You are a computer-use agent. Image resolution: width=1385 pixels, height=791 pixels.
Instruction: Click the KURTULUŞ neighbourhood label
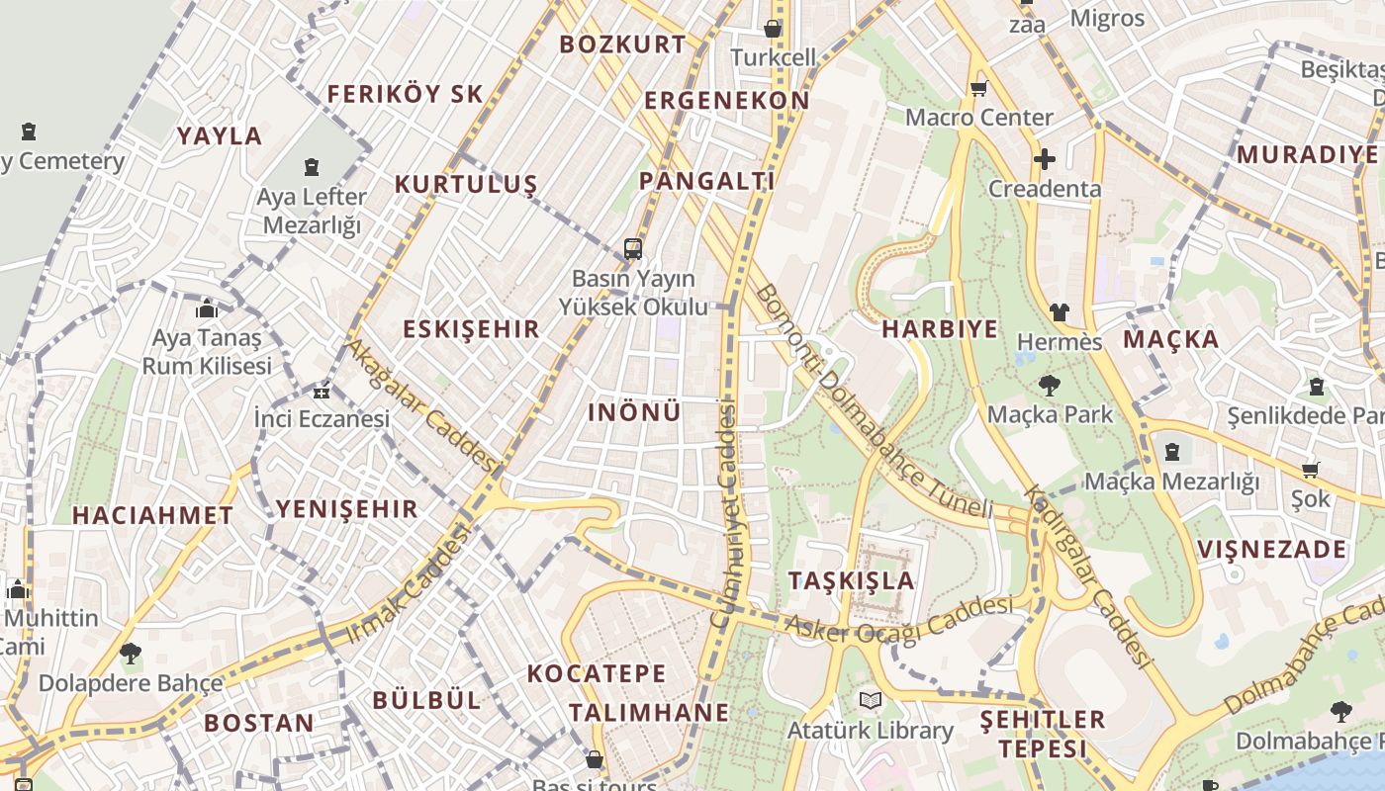tap(466, 185)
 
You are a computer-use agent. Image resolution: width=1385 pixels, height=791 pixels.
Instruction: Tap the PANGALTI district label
tap(706, 181)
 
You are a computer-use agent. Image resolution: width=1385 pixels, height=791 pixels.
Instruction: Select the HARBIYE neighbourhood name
tap(940, 329)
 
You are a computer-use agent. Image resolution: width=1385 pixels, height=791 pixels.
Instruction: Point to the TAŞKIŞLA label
tap(852, 580)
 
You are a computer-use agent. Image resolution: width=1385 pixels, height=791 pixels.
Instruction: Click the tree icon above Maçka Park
tap(1050, 386)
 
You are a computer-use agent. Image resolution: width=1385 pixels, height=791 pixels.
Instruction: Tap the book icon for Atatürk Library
tap(871, 701)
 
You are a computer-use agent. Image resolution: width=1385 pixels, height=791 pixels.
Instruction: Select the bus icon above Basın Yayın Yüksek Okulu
tap(633, 249)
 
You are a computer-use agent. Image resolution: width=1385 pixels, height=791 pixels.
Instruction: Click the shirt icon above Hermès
tap(1060, 312)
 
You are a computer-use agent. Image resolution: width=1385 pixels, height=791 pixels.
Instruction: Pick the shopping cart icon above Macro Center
tap(979, 89)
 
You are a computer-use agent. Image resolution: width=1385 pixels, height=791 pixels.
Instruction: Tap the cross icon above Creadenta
tap(1045, 159)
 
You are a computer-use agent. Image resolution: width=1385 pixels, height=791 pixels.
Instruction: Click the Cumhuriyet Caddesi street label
tap(726, 515)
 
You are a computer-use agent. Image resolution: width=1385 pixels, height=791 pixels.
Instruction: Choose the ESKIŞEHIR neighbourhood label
tap(471, 329)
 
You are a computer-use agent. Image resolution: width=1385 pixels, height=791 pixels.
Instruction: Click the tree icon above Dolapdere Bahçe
tap(130, 654)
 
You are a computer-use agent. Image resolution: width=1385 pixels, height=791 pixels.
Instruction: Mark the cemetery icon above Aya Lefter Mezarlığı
tap(312, 167)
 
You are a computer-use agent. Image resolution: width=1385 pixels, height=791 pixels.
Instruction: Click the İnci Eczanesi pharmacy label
tap(322, 418)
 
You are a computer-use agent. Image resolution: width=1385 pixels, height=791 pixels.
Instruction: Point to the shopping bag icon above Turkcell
tap(773, 29)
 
